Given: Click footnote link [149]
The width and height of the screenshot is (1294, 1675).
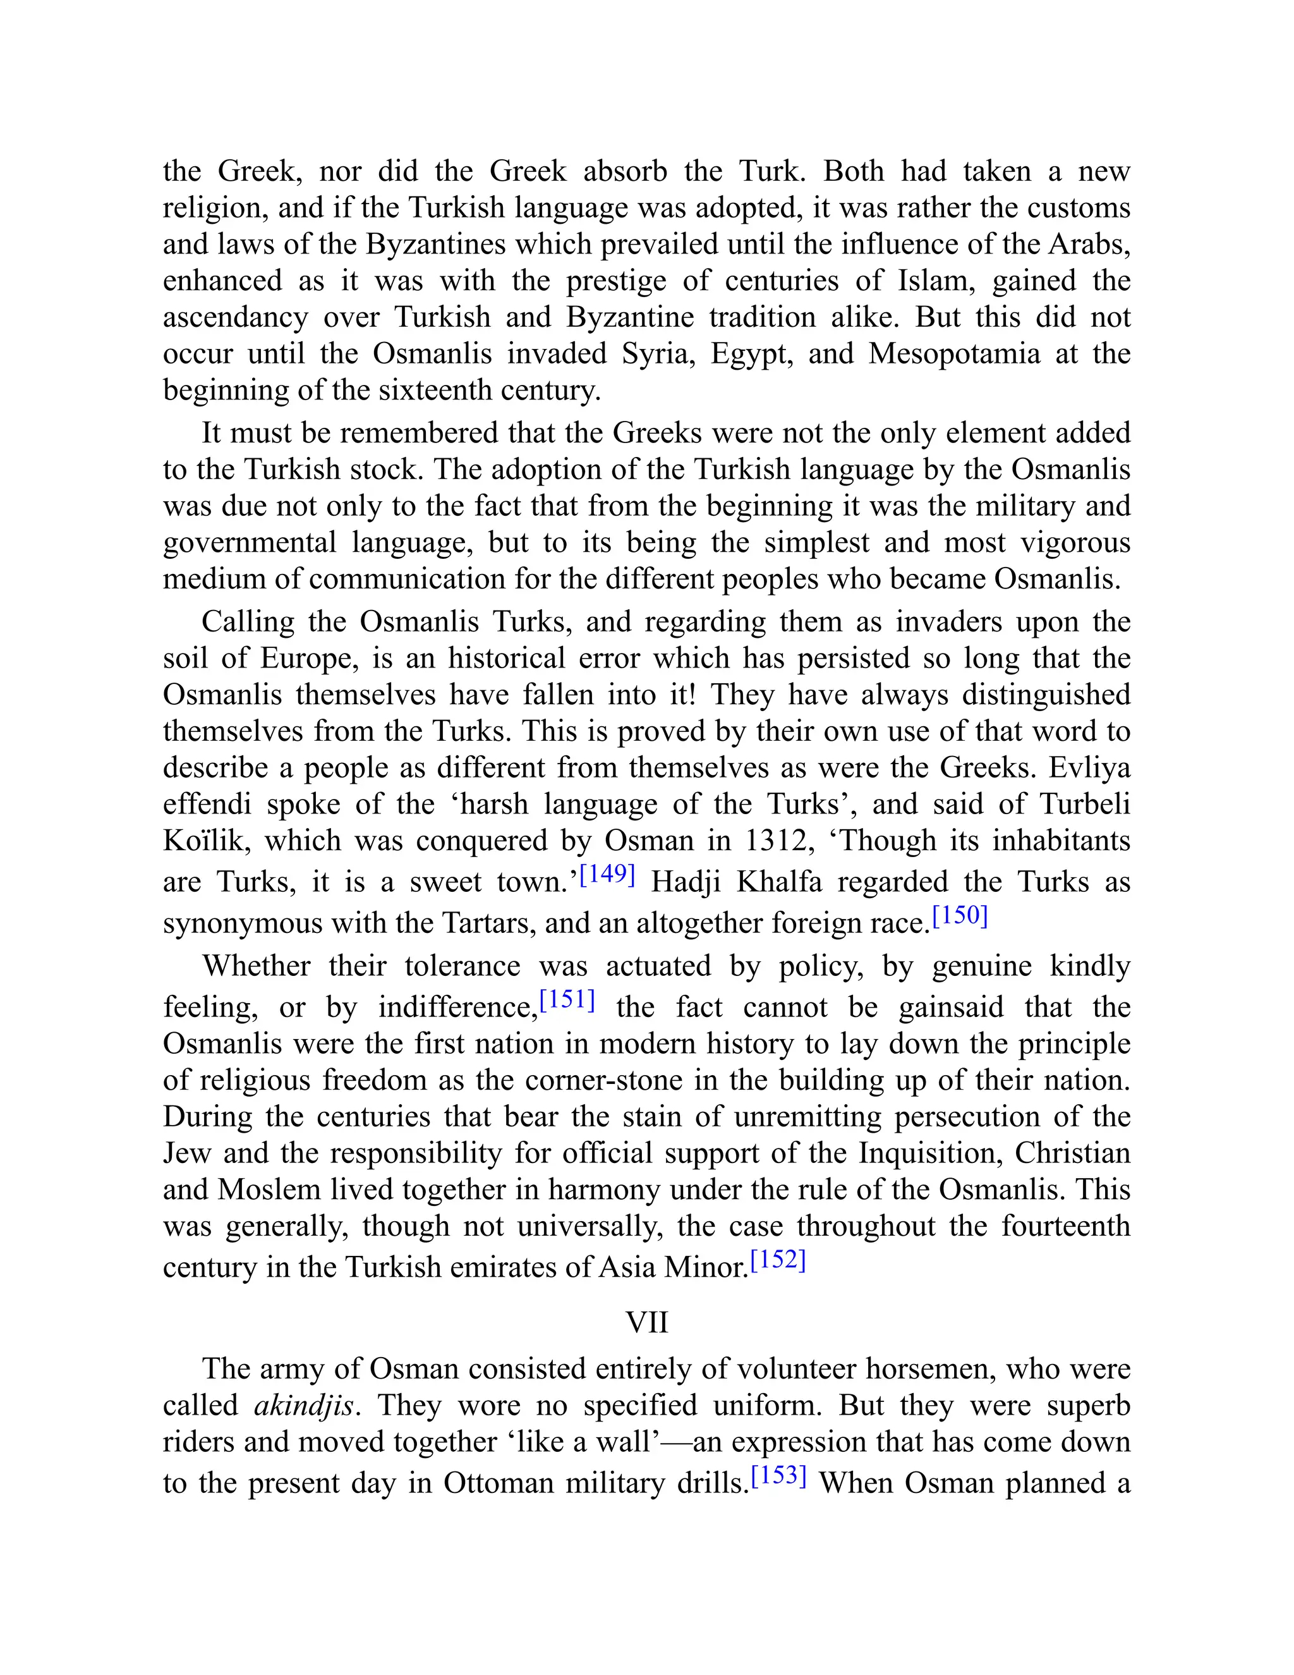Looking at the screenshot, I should pyautogui.click(x=607, y=875).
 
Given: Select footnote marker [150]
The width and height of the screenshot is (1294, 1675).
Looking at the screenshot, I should pyautogui.click(x=960, y=916).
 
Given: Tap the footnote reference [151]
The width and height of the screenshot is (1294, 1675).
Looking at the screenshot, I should pyautogui.click(x=567, y=1000).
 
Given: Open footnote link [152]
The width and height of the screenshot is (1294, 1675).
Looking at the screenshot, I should pyautogui.click(x=778, y=1261).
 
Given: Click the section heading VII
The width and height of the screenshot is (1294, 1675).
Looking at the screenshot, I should pyautogui.click(x=646, y=1323).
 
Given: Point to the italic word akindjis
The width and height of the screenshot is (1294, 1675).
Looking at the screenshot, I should pyautogui.click(x=303, y=1406).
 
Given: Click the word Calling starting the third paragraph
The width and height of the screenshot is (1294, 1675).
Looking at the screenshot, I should pyautogui.click(x=247, y=622).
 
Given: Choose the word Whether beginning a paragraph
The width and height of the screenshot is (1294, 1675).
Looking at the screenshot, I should pyautogui.click(x=255, y=966).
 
